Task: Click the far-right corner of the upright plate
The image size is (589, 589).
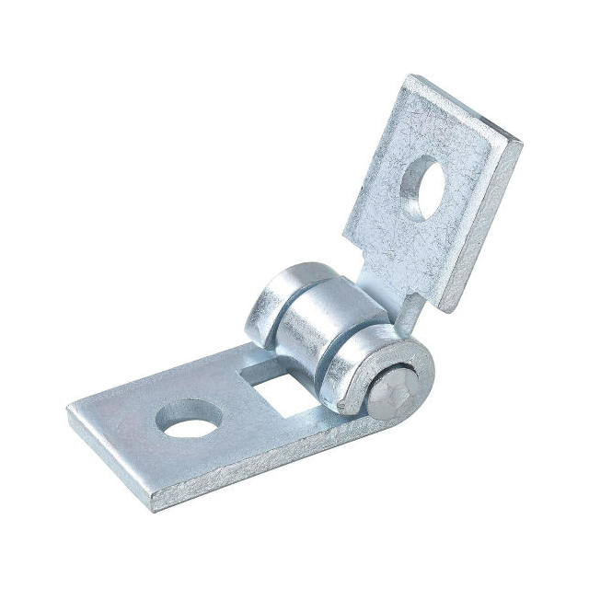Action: click(x=522, y=144)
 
